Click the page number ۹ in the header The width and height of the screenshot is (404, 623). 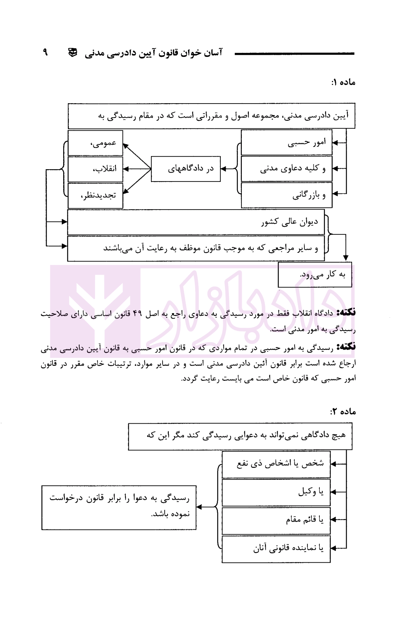point(45,52)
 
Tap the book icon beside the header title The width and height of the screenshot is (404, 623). point(73,53)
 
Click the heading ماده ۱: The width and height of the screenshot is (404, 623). point(343,82)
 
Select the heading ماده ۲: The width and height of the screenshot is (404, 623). point(343,411)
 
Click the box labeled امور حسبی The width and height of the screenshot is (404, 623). point(286,143)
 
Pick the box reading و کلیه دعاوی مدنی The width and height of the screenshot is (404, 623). point(286,169)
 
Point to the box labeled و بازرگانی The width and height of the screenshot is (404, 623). point(286,195)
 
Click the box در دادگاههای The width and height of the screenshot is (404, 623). point(186,169)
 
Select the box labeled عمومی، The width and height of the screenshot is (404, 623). point(95,143)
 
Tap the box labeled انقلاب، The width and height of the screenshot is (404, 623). point(95,169)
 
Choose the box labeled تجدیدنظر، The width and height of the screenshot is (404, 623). point(95,195)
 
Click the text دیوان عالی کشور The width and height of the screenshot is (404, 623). point(289,222)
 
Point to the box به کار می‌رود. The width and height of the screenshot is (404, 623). point(315,274)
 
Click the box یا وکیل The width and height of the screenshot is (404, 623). point(276,492)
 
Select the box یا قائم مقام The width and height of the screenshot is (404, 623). point(276,520)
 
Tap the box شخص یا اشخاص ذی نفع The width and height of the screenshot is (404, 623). point(276,464)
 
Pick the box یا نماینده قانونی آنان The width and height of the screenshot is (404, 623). point(276,548)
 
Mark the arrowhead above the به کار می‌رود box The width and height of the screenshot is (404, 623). point(346,258)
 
